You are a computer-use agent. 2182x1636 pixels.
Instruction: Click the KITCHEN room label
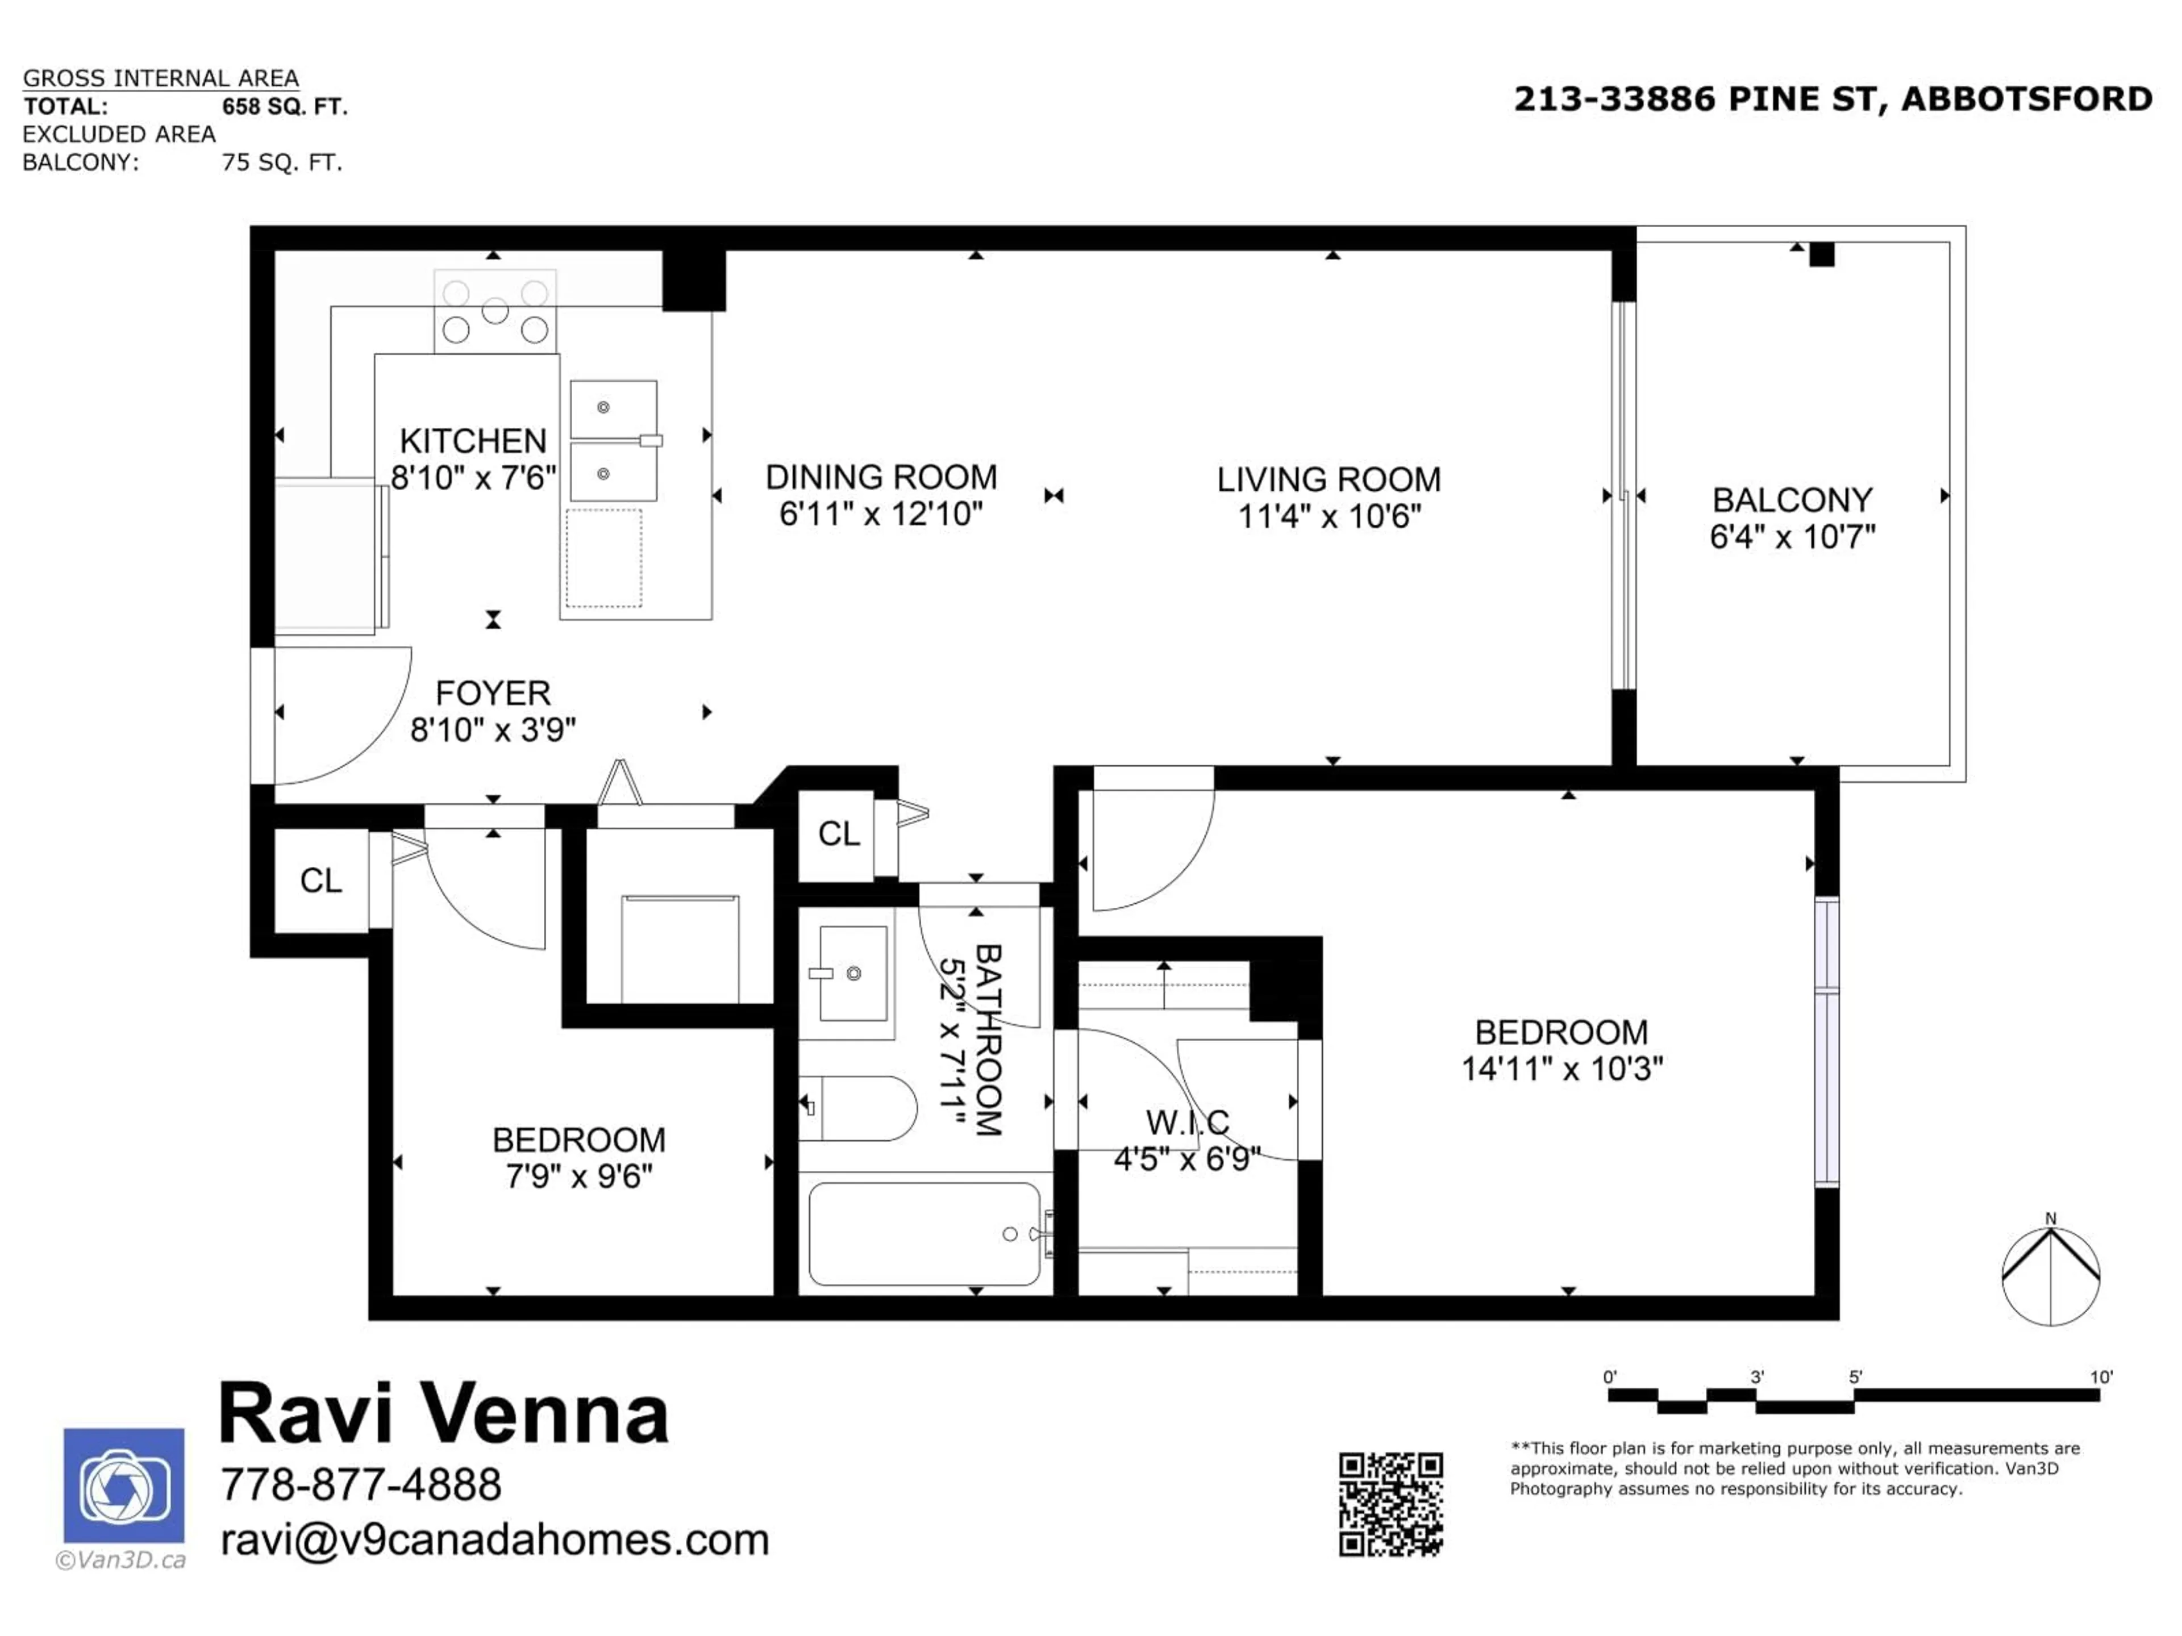tap(473, 441)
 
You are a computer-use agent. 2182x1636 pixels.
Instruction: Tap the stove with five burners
tap(495, 311)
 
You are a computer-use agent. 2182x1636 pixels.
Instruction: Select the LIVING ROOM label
tap(1328, 480)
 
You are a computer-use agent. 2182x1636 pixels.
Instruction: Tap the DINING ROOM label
tap(881, 477)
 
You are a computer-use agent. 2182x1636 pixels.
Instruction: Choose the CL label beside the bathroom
tap(839, 834)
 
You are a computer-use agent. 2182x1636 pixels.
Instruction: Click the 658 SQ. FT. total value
tap(284, 106)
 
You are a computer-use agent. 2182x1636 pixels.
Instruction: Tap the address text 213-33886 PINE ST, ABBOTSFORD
tap(1833, 99)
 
